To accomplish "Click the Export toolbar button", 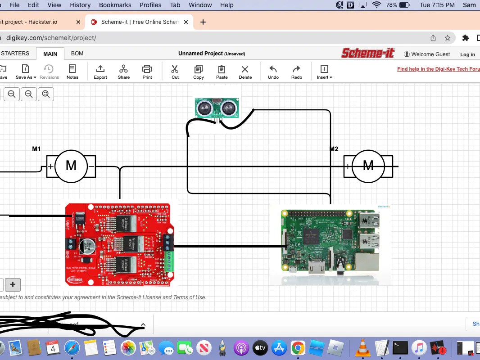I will click(x=100, y=71).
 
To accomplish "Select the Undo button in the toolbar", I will click(x=273, y=71).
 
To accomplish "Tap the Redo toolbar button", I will click(x=296, y=71).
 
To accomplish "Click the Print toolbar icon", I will click(x=147, y=71).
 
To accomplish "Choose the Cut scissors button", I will click(x=175, y=71).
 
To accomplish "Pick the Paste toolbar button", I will click(x=222, y=71).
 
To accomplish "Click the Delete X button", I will click(x=245, y=71).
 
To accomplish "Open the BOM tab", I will click(x=77, y=54).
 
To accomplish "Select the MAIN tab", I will click(x=50, y=54).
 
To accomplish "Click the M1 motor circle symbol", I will click(x=71, y=166).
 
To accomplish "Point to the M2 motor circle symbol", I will click(x=368, y=166).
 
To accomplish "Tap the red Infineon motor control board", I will click(x=119, y=244).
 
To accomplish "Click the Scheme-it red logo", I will click(x=368, y=53).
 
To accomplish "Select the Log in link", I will click(x=467, y=54).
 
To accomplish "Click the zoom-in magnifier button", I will click(x=12, y=94).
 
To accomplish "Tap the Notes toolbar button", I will click(x=72, y=71).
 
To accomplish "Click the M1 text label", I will click(x=36, y=149).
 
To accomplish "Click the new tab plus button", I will click(x=203, y=22).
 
